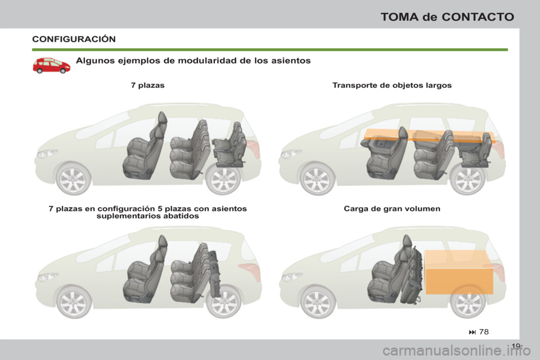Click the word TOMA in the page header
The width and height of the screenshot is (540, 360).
pos(399,16)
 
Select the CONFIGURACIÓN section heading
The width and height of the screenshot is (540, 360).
pos(74,39)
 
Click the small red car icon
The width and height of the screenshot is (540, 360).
pos(51,65)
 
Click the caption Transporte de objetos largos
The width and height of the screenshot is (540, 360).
pos(392,85)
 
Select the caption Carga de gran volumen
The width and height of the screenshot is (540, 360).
pos(391,208)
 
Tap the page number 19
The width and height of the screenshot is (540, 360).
pos(517,345)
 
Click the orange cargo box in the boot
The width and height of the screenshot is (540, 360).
pos(458,272)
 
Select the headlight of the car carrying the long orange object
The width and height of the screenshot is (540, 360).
pos(291,153)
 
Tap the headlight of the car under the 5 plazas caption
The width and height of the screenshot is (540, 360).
pos(47,277)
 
